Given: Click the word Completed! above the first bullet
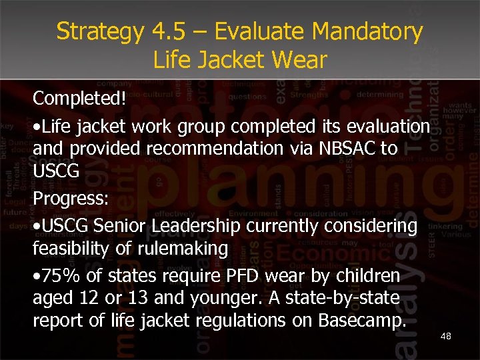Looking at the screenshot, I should pos(79,99).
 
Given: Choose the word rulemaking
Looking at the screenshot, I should pos(190,249).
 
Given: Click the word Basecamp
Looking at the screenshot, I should pos(362,321).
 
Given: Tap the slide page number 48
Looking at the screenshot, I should pos(445,336).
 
